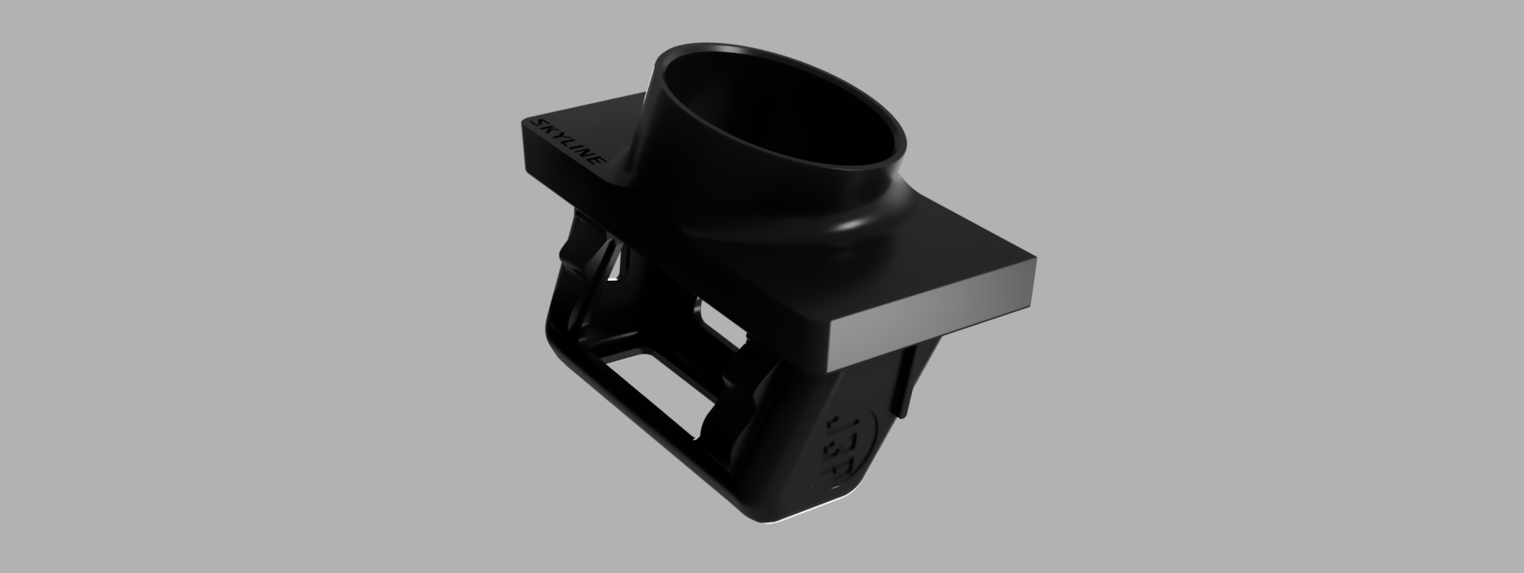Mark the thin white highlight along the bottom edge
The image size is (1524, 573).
(x=794, y=520)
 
